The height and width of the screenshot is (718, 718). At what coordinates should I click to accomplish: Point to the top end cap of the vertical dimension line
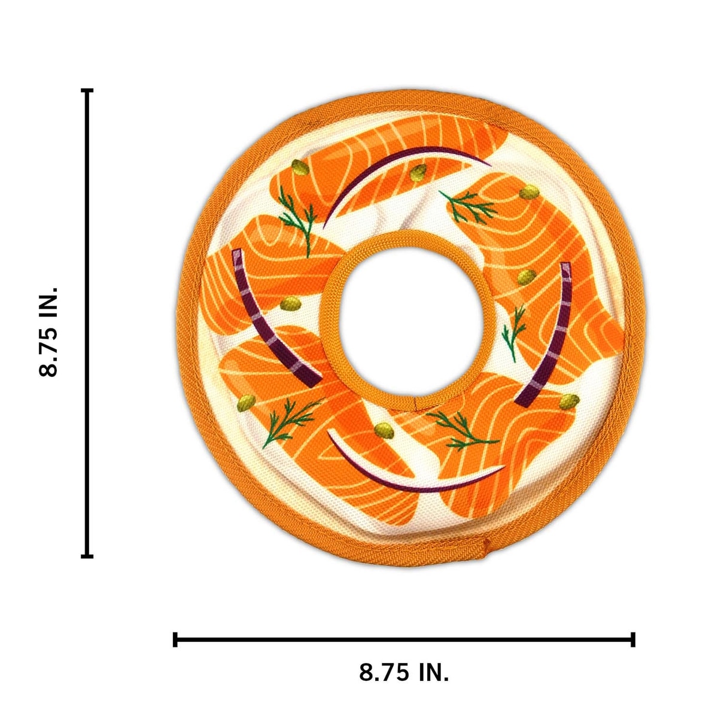coord(87,90)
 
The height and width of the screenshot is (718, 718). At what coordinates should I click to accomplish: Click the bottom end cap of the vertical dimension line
coord(87,567)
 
